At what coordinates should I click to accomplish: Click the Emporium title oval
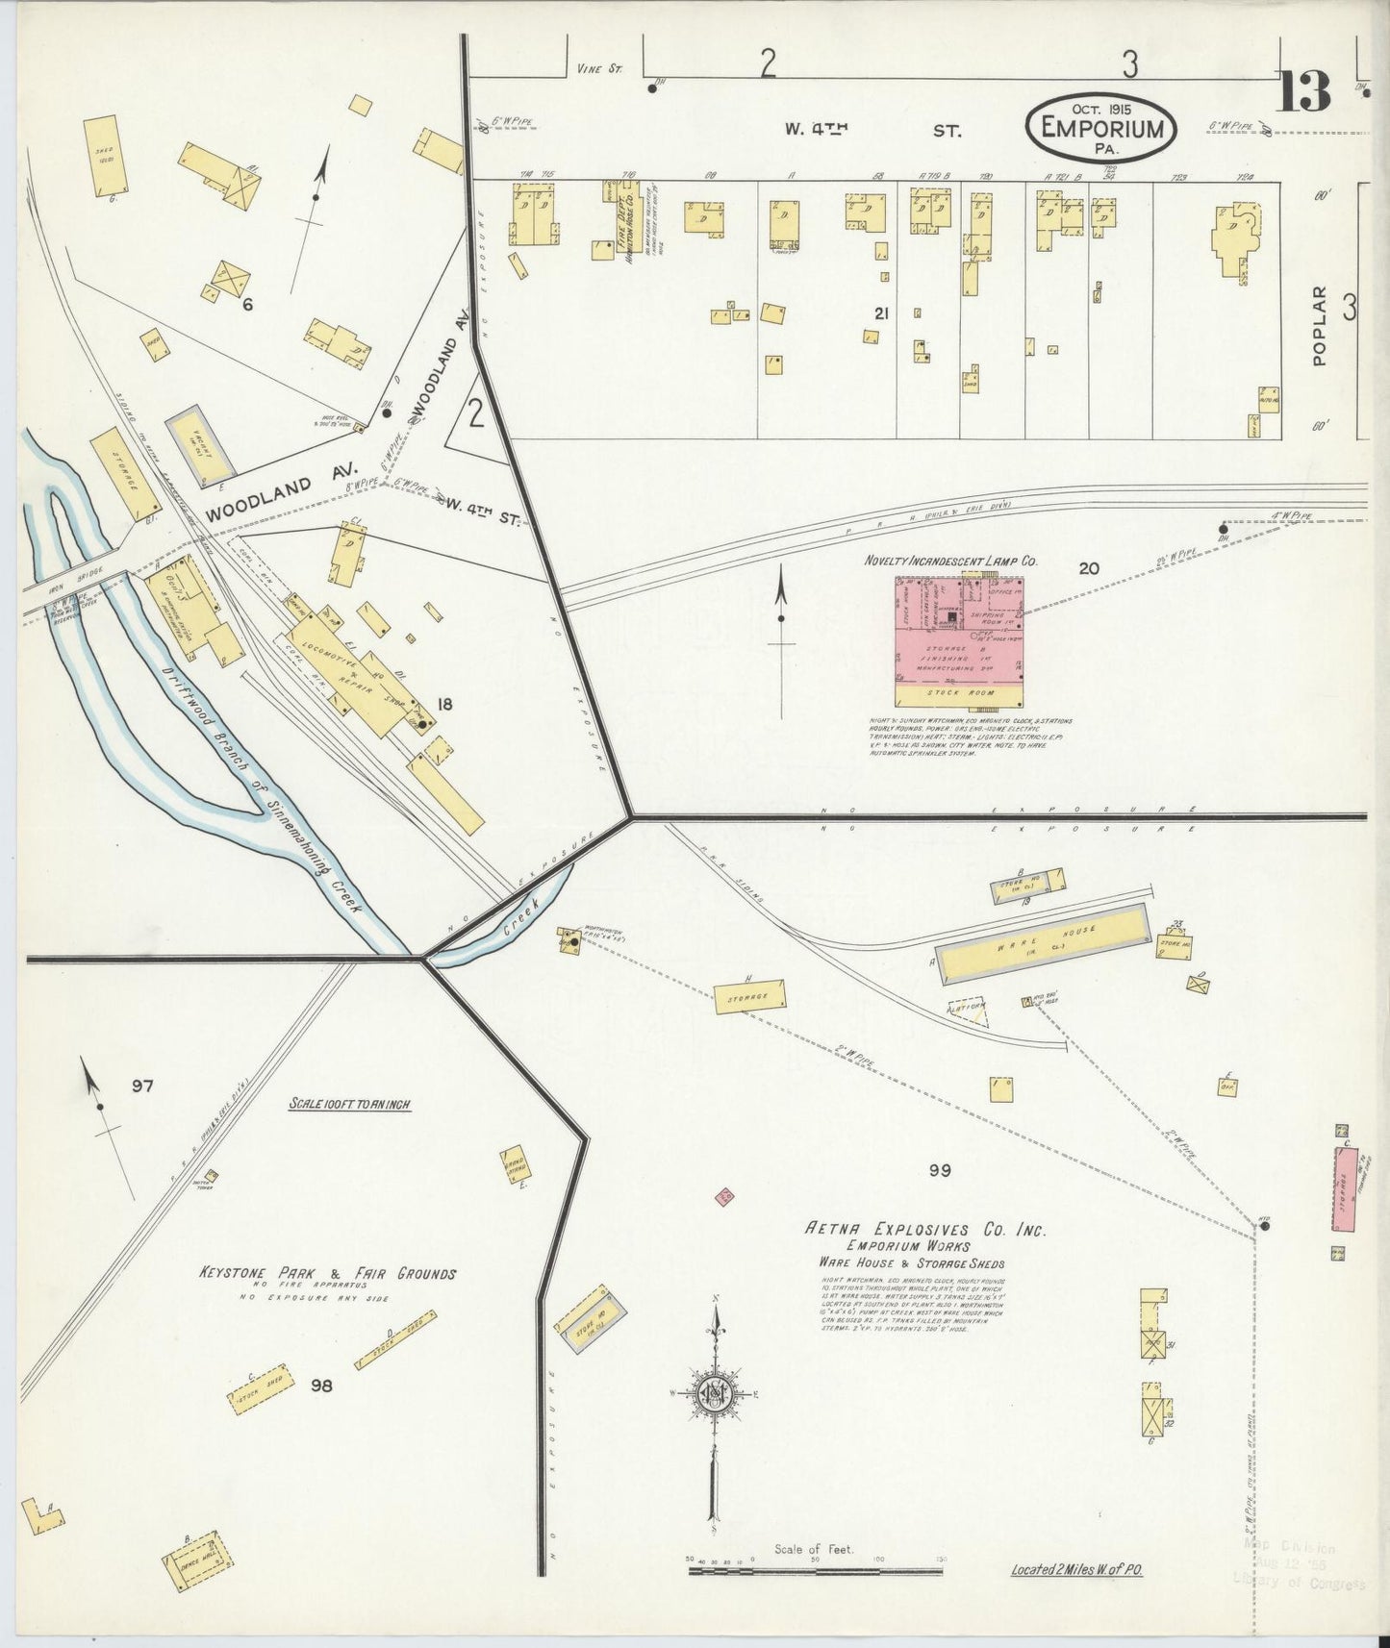(1100, 128)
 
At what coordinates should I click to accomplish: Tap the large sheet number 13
(1304, 90)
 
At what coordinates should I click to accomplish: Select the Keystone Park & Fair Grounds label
(327, 1273)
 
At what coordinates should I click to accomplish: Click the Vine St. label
(600, 68)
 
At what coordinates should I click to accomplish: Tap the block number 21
(881, 313)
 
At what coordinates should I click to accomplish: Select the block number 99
(940, 1169)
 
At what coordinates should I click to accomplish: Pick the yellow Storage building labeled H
(748, 996)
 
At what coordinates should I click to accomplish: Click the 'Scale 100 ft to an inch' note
(350, 1105)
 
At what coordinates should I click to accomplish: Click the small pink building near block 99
(725, 1196)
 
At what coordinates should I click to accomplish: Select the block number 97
(142, 1086)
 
